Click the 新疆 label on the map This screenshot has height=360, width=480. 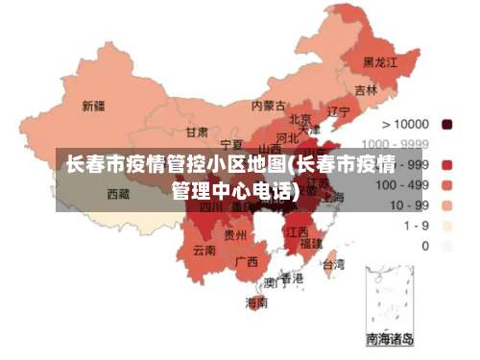93,105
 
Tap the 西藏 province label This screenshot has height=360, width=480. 118,193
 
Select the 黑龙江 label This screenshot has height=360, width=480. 378,61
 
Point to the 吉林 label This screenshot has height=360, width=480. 366,90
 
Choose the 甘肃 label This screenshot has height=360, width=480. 197,132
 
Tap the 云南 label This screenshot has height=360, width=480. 204,250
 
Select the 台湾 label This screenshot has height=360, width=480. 332,263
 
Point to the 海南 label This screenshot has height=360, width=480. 256,302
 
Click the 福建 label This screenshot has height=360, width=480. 310,244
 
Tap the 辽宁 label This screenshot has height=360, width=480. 338,111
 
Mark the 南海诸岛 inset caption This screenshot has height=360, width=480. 390,339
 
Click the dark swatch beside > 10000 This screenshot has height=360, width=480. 446,124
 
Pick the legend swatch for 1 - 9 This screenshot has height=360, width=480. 446,226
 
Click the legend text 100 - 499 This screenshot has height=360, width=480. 402,184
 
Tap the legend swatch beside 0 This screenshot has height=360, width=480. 446,246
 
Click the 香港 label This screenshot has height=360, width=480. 292,277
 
